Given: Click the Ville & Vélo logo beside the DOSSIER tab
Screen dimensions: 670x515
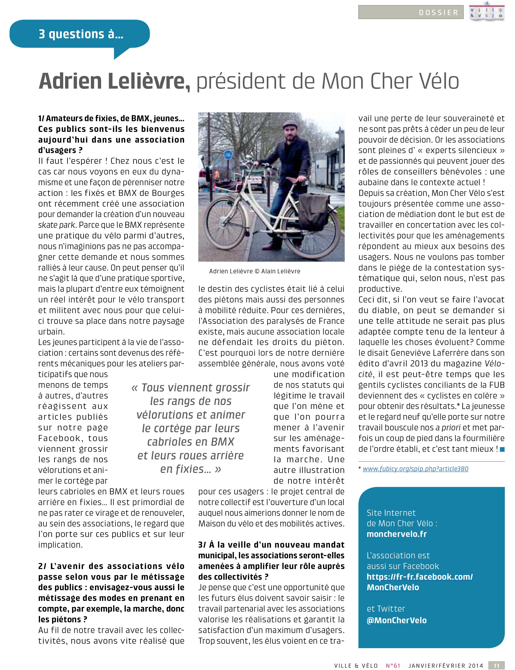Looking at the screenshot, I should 487,12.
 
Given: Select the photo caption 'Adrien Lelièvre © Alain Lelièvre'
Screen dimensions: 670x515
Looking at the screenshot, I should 255,271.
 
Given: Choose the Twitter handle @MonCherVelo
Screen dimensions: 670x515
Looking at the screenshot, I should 397,620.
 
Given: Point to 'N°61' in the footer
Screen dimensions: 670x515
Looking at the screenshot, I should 393,665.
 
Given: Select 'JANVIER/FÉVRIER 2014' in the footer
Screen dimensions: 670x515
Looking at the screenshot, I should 446,665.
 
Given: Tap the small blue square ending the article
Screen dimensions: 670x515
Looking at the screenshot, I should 502,449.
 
